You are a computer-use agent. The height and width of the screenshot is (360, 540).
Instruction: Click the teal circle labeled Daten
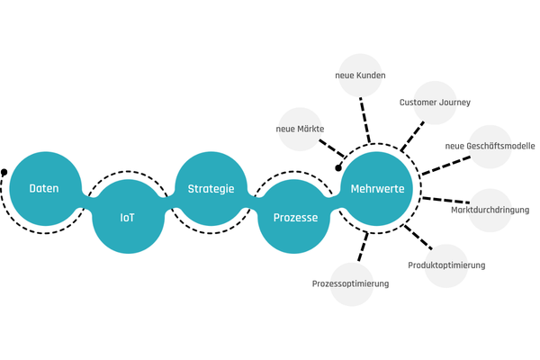(x=44, y=189)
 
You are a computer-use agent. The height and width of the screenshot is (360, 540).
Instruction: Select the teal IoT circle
(x=128, y=218)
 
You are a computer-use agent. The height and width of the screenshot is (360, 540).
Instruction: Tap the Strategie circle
(x=211, y=189)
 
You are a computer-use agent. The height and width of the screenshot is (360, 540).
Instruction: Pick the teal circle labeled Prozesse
(x=294, y=218)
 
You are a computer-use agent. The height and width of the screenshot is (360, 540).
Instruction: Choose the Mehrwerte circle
(x=377, y=189)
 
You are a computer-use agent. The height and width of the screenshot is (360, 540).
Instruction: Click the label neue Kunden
(x=360, y=76)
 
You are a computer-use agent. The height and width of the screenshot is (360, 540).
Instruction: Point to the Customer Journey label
(x=435, y=103)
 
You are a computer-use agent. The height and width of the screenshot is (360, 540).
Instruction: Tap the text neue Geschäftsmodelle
(x=490, y=146)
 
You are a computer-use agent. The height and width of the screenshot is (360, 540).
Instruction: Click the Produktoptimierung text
(x=446, y=265)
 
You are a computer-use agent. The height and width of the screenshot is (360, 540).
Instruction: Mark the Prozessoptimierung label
(x=350, y=283)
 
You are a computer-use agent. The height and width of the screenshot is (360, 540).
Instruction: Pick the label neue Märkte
(x=300, y=130)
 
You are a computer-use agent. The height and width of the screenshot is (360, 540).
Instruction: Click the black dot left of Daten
(x=4, y=171)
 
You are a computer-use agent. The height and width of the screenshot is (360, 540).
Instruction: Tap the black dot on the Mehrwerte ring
(x=339, y=166)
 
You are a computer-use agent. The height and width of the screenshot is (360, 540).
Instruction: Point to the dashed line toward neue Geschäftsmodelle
(x=446, y=165)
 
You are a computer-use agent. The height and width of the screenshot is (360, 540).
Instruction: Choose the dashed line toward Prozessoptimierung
(x=364, y=249)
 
